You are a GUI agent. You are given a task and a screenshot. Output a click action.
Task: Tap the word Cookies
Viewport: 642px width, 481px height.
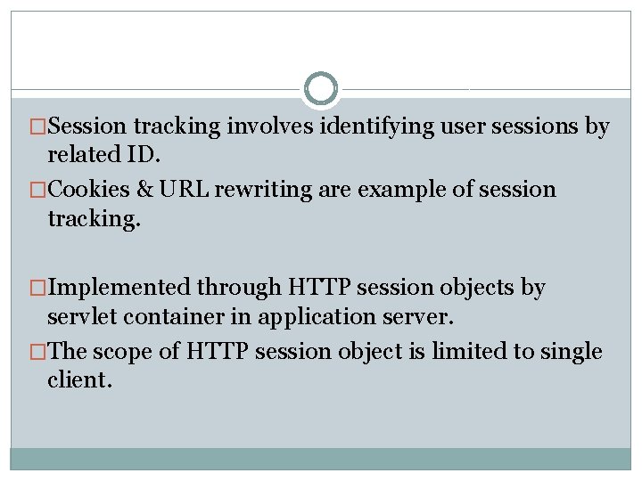point(87,190)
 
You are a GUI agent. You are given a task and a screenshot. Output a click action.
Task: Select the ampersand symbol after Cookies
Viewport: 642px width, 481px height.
point(144,190)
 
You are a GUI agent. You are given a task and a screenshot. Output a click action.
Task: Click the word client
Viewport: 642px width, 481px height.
point(80,380)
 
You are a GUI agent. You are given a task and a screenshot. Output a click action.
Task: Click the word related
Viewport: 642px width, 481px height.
point(83,155)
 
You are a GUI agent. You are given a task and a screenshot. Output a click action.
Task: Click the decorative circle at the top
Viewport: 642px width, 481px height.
point(321,89)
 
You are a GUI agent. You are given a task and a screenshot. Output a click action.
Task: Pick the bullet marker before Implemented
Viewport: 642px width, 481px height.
point(37,288)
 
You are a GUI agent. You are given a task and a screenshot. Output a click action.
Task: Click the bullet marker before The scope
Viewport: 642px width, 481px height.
point(37,352)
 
